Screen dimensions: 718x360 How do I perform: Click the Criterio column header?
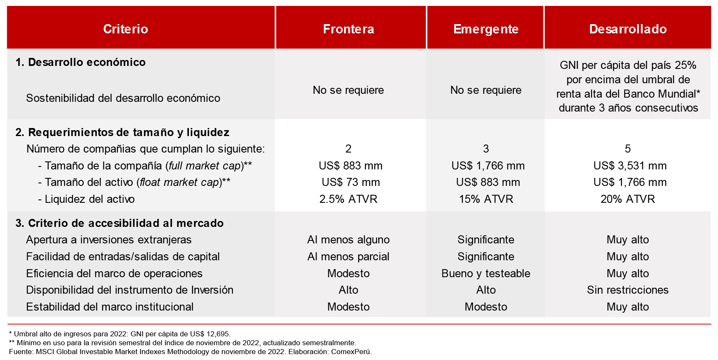coord(126,29)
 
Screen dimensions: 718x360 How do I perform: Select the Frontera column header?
coord(348,29)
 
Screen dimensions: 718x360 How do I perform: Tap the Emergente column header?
coord(486,29)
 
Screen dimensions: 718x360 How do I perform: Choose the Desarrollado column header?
coord(628,29)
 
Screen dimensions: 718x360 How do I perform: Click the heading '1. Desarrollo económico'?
coord(80,62)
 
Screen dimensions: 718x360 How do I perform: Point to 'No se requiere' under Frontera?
coord(348,90)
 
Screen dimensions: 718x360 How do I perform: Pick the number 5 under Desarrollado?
coord(628,149)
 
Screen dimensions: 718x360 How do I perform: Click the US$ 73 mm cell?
coord(351,182)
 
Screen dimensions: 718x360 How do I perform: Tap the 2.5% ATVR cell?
coord(348,199)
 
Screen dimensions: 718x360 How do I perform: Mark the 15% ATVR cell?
coord(486,199)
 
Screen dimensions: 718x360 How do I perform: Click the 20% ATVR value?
coord(628,199)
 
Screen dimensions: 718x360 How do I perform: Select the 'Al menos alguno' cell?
coord(348,240)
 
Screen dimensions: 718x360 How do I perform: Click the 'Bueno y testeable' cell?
coord(486,273)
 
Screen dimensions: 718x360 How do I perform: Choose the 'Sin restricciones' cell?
coord(628,290)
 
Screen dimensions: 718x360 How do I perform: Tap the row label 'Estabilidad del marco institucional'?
coord(109,307)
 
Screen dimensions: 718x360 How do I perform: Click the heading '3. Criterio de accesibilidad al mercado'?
coord(120,223)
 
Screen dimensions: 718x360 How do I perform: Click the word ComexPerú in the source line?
coord(351,352)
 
